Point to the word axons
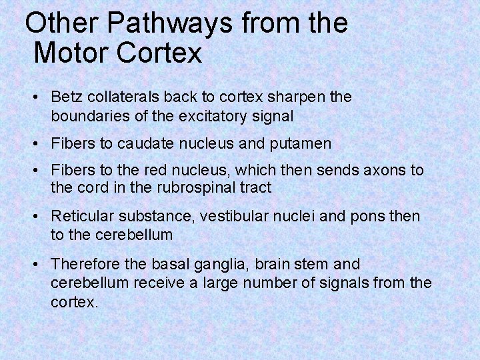383,170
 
